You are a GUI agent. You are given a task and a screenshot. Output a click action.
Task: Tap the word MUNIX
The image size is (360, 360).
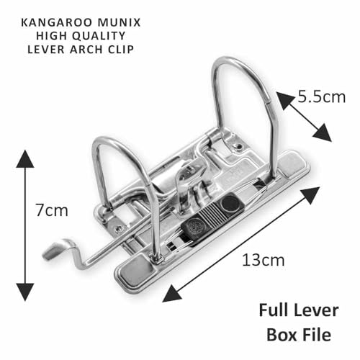coord(119,22)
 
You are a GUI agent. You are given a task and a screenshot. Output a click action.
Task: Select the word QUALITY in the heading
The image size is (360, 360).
coord(99,36)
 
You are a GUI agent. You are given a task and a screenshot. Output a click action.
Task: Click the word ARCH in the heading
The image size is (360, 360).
coord(86,50)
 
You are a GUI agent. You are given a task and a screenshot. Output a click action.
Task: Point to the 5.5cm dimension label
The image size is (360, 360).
coord(322,97)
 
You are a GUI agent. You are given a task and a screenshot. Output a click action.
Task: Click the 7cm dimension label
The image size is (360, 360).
coord(52,210)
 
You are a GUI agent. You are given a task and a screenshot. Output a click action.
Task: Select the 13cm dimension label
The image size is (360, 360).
coord(263,260)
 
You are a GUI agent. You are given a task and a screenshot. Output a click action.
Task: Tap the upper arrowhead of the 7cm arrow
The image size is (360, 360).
coord(25,159)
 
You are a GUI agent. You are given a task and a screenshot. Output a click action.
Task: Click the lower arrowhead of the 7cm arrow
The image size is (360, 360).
coord(25,292)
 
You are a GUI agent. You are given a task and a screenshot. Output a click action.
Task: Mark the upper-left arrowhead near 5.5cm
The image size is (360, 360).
coord(284,99)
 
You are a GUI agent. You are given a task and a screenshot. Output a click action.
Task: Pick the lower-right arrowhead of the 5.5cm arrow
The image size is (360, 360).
coord(323,133)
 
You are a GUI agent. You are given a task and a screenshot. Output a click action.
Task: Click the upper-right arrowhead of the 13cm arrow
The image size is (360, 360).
coord(310,195)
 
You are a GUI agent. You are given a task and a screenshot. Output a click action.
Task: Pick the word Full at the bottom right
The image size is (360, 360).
coord(274,310)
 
